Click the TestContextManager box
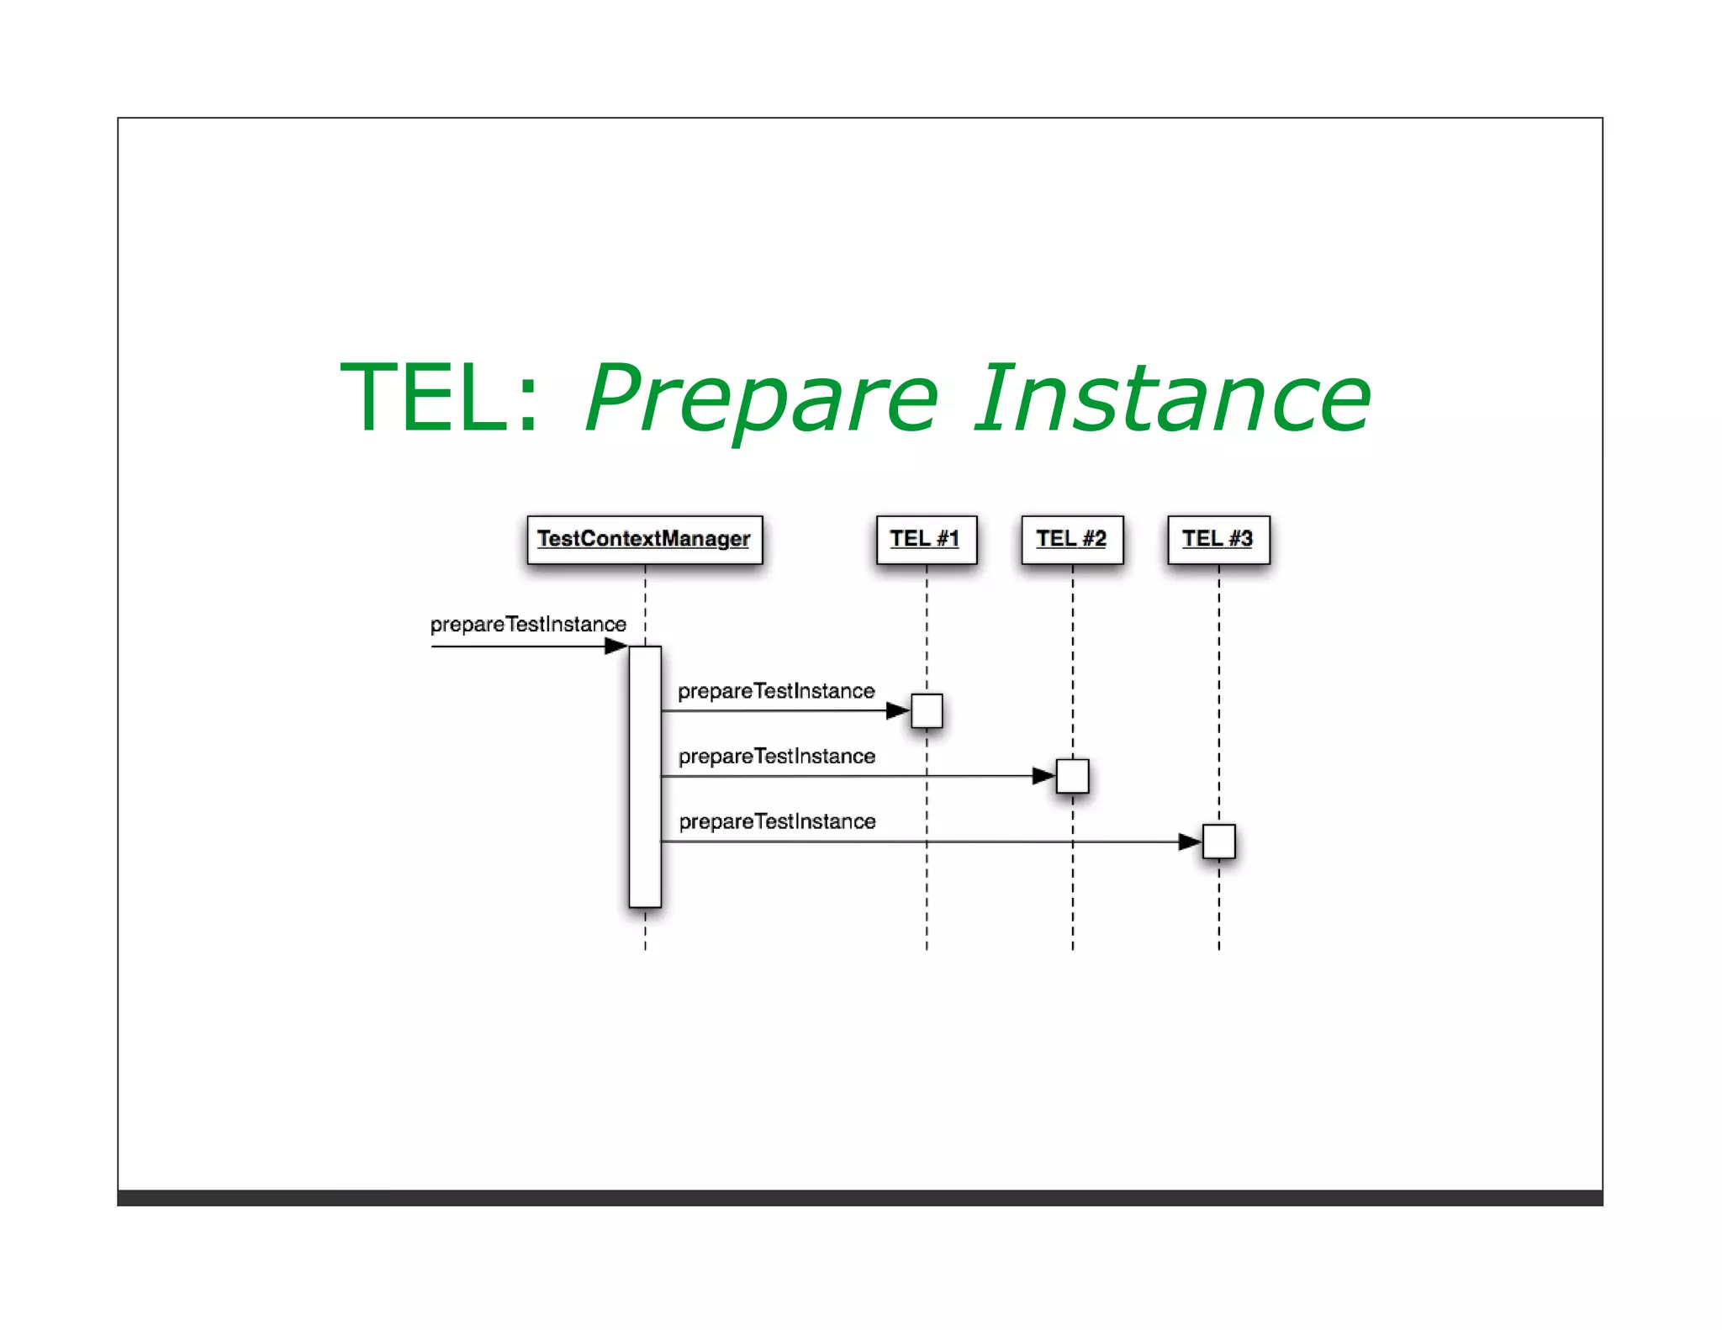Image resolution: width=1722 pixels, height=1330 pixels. click(644, 540)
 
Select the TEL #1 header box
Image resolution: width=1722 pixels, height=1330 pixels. click(926, 540)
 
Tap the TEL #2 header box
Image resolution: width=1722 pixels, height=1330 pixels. click(1072, 540)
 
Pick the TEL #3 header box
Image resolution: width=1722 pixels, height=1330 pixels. click(1218, 540)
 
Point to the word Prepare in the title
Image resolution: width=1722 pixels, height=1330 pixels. click(761, 398)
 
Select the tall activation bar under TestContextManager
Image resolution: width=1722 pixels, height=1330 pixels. click(645, 777)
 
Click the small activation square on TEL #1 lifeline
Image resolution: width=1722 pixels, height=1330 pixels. click(927, 711)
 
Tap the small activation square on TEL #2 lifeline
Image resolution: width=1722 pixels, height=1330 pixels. click(1072, 776)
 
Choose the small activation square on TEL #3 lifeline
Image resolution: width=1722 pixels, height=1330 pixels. click(1218, 842)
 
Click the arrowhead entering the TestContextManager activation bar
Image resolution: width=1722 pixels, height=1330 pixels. click(616, 647)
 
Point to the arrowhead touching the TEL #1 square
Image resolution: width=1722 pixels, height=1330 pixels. click(898, 711)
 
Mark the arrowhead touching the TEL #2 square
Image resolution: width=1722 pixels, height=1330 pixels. click(1043, 776)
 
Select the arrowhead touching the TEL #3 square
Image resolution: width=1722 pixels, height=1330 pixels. click(1190, 842)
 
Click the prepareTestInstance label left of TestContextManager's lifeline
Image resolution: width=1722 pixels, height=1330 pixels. click(528, 625)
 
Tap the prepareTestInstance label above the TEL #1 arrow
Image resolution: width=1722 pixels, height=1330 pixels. click(776, 691)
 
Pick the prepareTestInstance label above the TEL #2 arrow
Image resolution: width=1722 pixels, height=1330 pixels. click(776, 757)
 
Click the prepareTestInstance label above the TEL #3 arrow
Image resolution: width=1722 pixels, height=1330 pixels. click(777, 821)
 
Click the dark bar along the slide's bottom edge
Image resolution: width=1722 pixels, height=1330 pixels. click(859, 1198)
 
